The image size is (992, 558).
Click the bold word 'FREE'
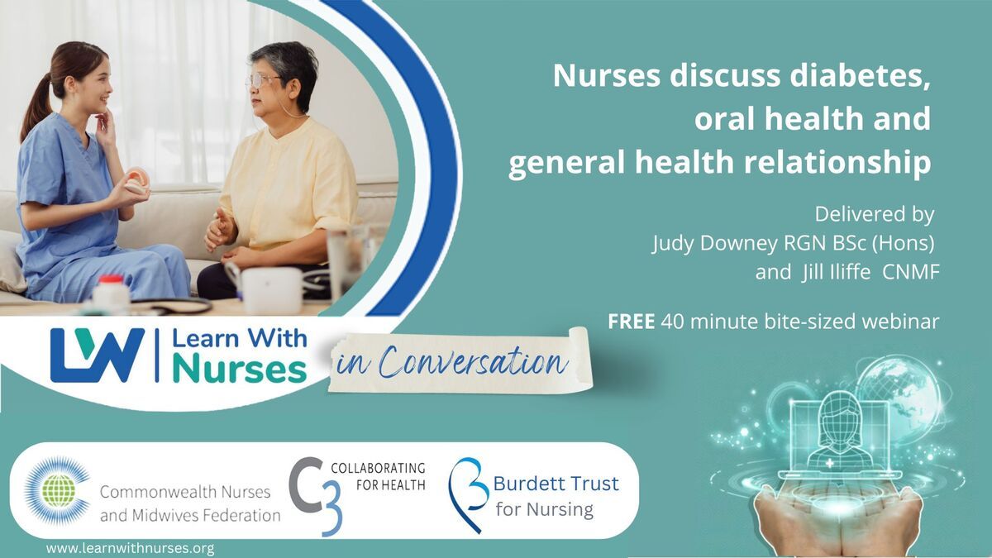(x=631, y=322)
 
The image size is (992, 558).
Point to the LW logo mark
(x=98, y=355)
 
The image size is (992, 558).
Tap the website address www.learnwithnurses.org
(x=131, y=548)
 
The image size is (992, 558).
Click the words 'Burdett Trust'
(x=556, y=484)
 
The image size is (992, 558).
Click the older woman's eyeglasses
(x=264, y=82)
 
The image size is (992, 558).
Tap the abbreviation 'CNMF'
(x=910, y=272)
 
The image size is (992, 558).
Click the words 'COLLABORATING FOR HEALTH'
(x=379, y=476)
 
